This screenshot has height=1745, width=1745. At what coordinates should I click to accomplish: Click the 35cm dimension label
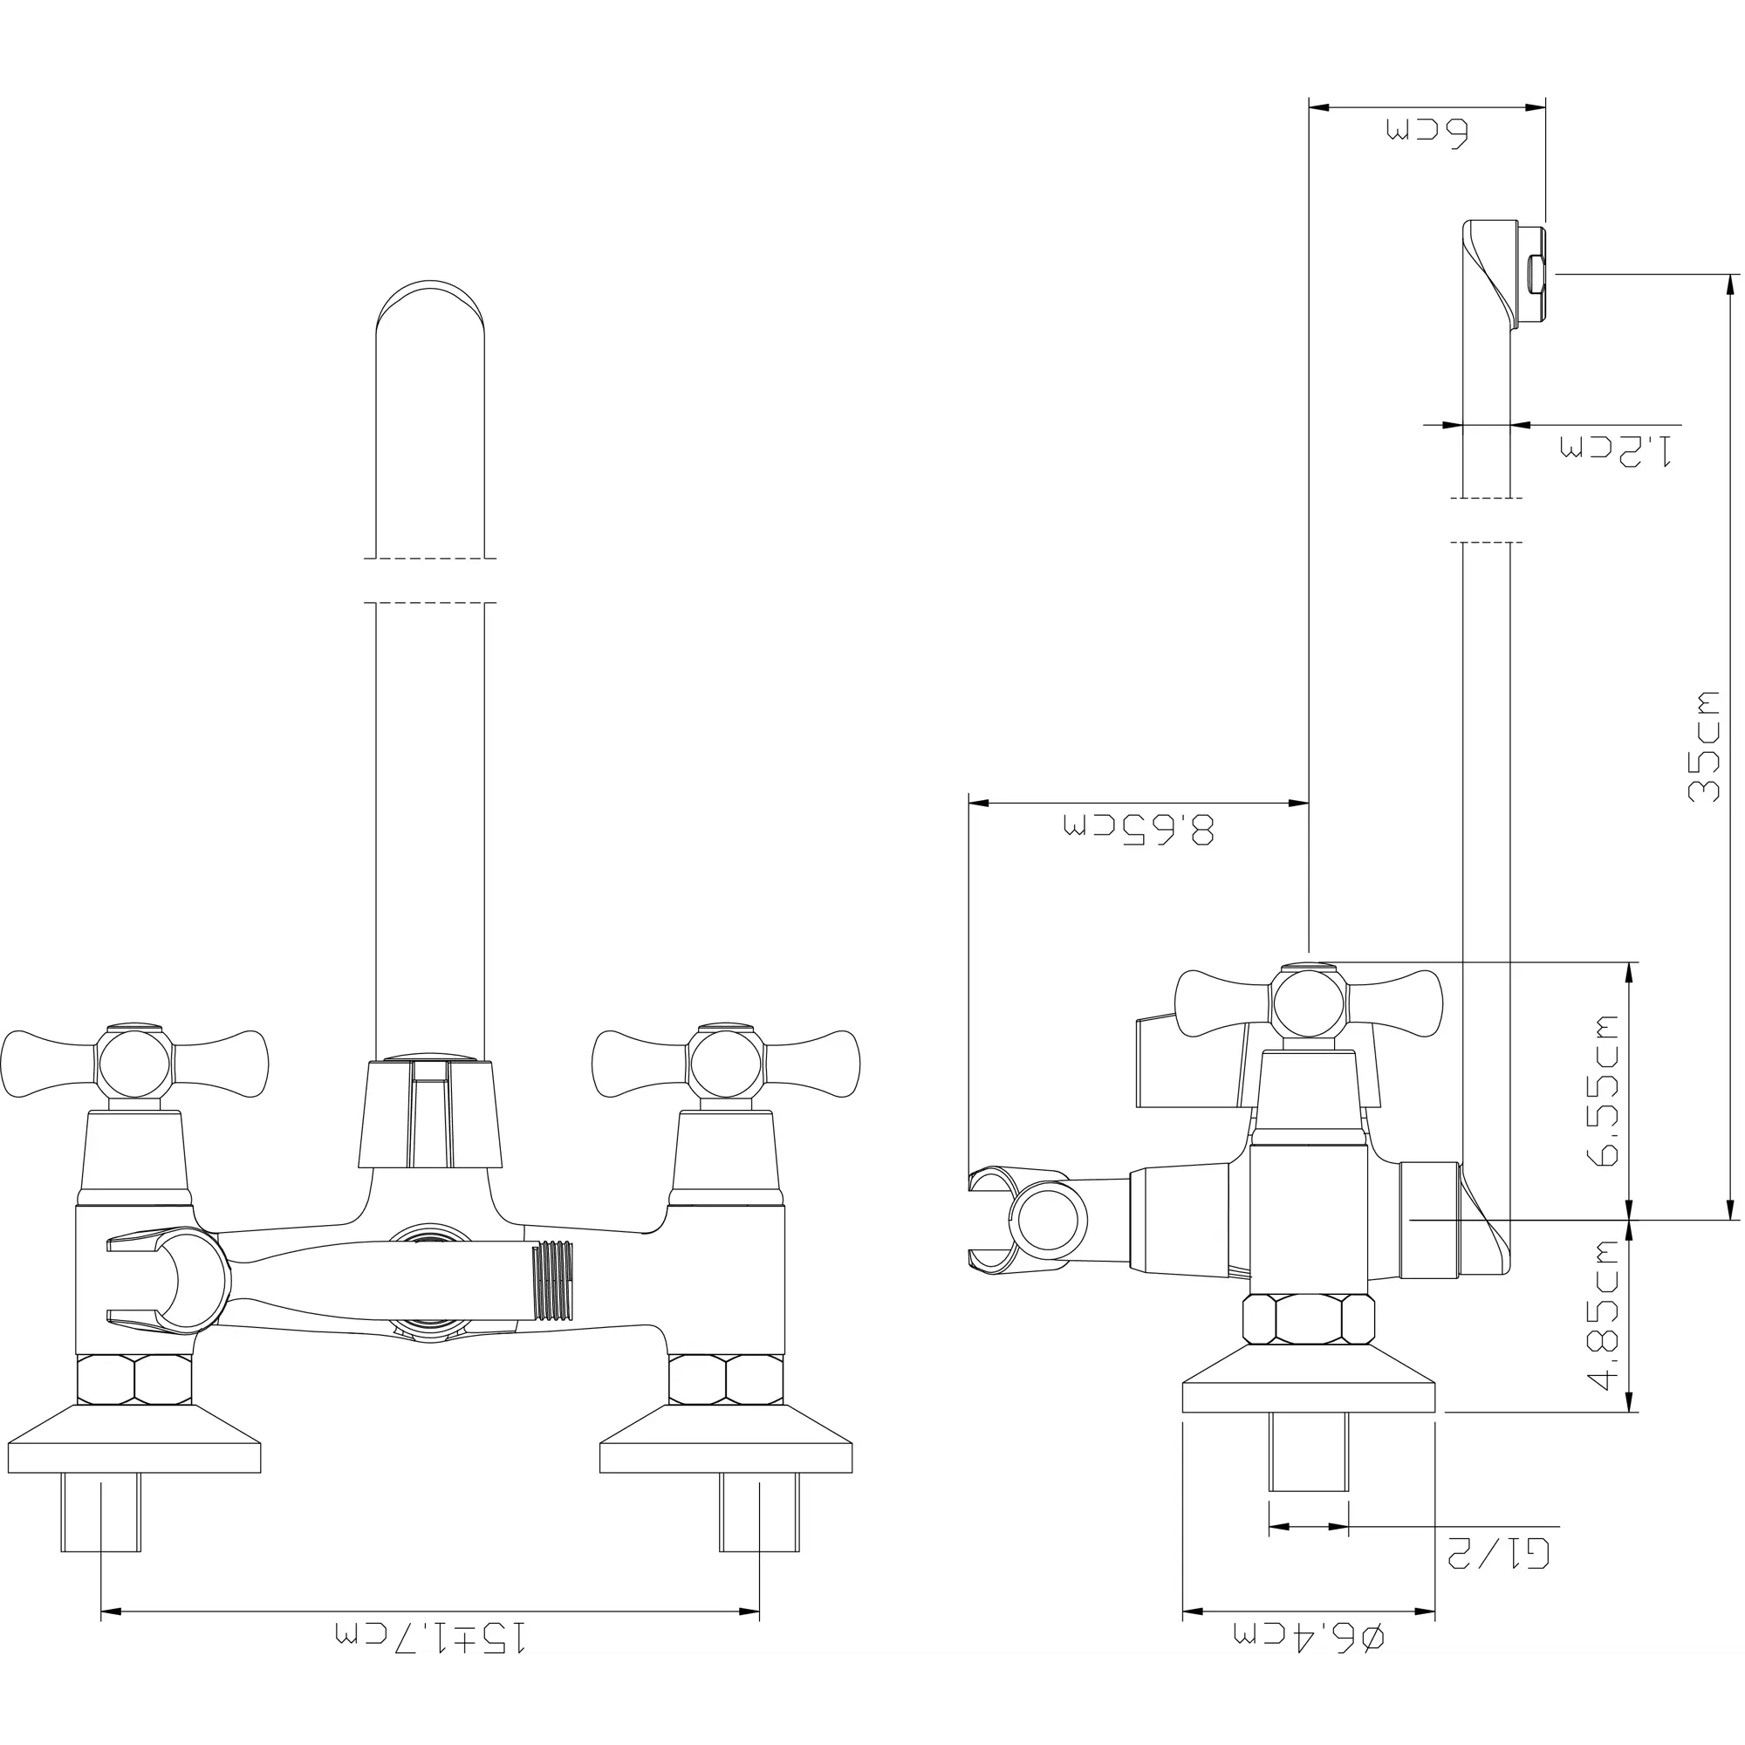point(1704,746)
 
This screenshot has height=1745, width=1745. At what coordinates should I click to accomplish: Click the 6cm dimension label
point(1428,132)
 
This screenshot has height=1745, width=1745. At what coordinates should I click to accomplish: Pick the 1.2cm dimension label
point(1616,448)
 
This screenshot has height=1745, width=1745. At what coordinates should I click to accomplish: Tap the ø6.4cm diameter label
point(1309,1660)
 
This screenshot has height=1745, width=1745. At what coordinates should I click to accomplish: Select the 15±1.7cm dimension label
point(430,1660)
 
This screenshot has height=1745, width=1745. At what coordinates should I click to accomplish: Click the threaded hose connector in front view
point(556,1282)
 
